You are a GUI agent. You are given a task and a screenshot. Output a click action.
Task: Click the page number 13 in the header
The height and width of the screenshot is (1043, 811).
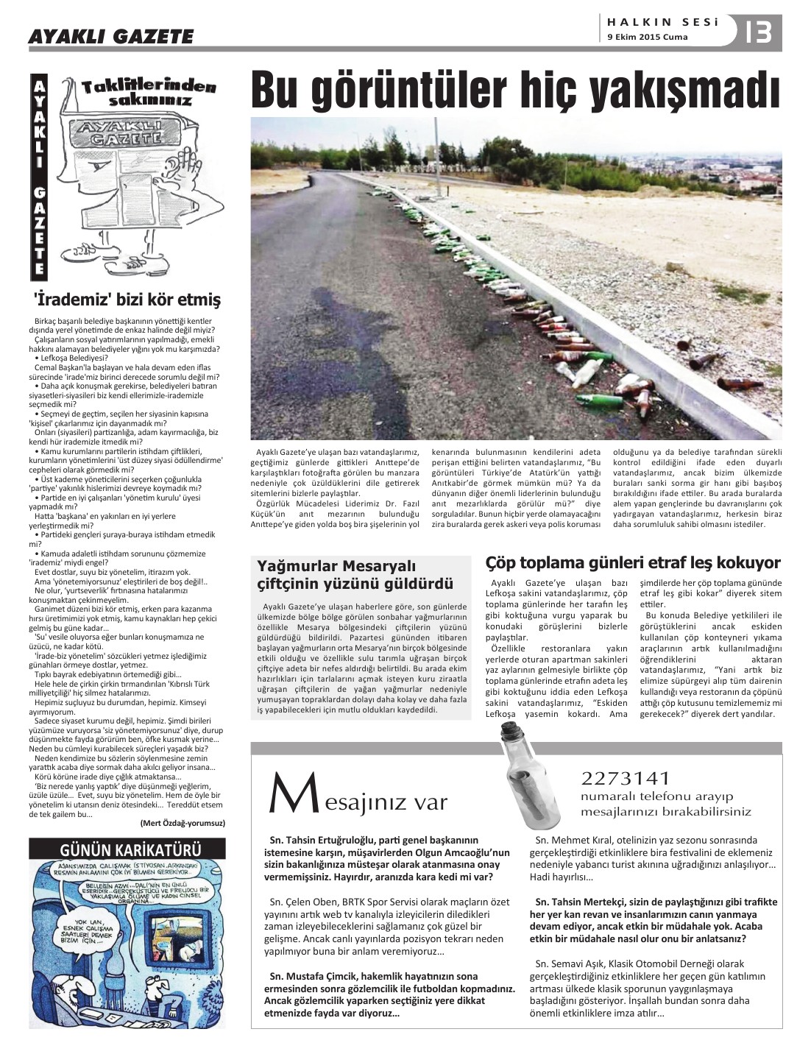click(x=758, y=32)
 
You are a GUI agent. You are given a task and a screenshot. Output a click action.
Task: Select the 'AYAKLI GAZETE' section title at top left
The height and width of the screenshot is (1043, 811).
click(x=111, y=37)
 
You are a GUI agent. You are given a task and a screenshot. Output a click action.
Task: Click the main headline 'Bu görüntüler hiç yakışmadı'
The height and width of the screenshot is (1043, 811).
click(x=515, y=91)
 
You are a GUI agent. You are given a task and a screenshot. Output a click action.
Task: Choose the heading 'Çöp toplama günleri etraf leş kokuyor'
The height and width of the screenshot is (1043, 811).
click(x=633, y=563)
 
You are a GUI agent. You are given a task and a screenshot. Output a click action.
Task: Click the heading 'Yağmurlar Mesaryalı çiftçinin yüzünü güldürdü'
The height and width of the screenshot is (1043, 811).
click(x=355, y=575)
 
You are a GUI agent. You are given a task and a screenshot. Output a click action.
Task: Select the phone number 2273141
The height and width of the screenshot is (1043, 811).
click(x=626, y=779)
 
